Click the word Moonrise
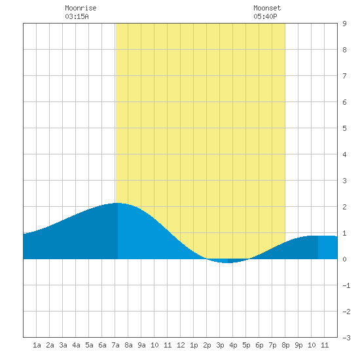pos(81,8)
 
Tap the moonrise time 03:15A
pos(77,16)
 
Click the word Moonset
pos(267,8)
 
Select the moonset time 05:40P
pos(265,16)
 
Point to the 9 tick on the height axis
pos(344,24)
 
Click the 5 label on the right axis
pos(344,128)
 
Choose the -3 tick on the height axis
pos(346,338)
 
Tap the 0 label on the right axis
pos(344,259)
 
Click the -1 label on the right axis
pos(346,285)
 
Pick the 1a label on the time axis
pos(37,345)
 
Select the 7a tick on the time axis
pos(115,345)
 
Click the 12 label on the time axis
pos(181,345)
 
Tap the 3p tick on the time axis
pos(220,345)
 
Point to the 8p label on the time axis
pos(285,345)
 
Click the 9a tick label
pos(141,345)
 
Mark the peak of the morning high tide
pos(118,203)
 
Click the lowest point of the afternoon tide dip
pos(227,262)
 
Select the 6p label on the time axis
pos(259,345)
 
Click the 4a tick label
pos(76,345)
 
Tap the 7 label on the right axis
pos(344,76)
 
